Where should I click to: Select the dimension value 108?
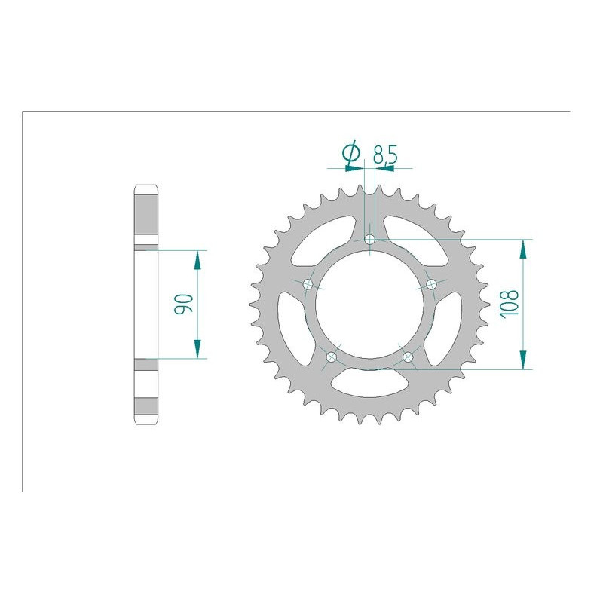(510, 305)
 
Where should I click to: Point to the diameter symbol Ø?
(350, 154)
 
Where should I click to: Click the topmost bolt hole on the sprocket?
(370, 240)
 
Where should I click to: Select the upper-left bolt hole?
(308, 284)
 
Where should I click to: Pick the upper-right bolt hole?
(432, 284)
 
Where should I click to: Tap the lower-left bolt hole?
(332, 357)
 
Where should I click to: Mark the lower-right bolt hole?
(409, 357)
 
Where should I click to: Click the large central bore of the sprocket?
(370, 305)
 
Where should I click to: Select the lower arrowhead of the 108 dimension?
(522, 360)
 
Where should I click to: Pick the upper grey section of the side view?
(146, 218)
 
